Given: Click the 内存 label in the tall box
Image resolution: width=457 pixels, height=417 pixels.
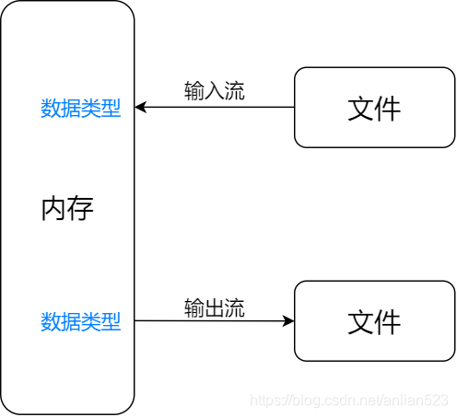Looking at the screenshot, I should [x=67, y=209].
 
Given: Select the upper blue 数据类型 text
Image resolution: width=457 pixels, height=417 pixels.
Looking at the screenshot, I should [x=81, y=109].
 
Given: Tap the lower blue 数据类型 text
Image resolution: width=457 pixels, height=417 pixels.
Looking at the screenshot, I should [x=81, y=321].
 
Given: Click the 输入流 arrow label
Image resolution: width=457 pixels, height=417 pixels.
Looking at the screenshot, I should [x=215, y=91].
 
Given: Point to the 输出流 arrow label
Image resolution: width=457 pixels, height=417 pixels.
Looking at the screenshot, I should [x=215, y=308].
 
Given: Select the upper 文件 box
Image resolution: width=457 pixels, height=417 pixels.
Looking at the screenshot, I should [x=374, y=108].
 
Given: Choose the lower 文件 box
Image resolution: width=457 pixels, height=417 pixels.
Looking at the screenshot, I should [x=374, y=321].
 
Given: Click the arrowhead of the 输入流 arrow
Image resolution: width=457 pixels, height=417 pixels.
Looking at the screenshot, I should [x=140, y=108].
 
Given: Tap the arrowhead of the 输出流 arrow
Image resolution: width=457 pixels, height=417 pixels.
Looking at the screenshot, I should [x=289, y=321].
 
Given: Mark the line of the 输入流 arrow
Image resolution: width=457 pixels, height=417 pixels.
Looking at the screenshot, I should [x=221, y=108].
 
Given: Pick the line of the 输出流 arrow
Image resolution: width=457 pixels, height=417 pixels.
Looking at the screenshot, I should [x=212, y=321].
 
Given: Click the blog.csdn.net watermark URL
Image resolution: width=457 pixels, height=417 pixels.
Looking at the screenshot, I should [x=350, y=401].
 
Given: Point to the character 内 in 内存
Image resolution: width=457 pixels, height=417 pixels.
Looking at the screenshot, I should [x=54, y=209].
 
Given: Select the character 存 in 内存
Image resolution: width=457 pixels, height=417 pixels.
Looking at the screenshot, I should [x=81, y=209].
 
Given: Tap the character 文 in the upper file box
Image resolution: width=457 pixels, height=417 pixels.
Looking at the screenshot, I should [x=361, y=109].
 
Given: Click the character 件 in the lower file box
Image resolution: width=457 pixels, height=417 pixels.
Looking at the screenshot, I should [x=388, y=321].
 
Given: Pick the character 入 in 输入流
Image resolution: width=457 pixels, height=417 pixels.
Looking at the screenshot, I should [x=215, y=91].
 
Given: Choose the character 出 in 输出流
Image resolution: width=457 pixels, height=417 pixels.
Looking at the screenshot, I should [x=215, y=308].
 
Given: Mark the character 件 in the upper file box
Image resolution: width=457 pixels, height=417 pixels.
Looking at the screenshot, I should [x=388, y=109].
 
